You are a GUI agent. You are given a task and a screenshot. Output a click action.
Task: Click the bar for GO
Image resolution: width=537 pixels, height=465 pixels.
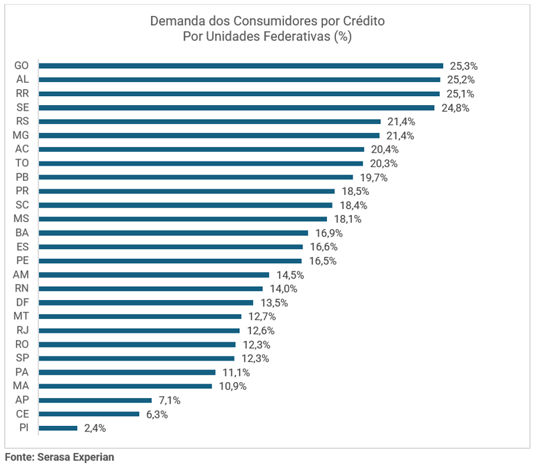[x=241, y=65]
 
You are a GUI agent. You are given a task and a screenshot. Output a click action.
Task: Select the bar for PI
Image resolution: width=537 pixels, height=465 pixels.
[x=58, y=428]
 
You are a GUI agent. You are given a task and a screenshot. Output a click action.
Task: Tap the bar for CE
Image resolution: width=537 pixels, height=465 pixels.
[x=89, y=414]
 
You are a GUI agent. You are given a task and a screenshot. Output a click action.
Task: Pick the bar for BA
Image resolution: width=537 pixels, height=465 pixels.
[x=173, y=232]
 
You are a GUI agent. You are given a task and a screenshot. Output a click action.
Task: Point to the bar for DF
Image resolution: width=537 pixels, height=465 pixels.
[x=146, y=303]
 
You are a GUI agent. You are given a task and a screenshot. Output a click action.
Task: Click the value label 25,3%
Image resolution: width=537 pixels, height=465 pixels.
[x=464, y=66]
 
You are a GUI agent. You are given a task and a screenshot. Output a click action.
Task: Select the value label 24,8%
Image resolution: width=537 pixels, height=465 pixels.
[x=455, y=108]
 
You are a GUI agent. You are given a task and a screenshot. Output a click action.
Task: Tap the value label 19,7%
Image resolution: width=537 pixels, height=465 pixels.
[x=374, y=178]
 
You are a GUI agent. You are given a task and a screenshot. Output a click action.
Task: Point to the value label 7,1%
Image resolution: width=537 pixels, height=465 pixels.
[x=170, y=400]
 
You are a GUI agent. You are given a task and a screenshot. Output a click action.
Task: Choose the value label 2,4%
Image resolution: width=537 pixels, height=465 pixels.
[x=95, y=428]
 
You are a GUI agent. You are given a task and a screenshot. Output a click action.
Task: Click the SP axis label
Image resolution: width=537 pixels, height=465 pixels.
[x=22, y=358]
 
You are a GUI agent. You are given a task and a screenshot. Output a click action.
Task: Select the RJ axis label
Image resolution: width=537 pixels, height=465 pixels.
[x=22, y=330]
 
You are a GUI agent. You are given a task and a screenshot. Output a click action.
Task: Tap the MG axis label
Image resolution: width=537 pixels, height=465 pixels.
[x=21, y=135]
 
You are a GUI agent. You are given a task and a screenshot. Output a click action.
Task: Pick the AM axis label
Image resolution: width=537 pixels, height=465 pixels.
[x=21, y=274]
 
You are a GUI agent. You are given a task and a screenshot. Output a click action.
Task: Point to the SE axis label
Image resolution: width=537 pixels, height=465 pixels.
[x=22, y=107]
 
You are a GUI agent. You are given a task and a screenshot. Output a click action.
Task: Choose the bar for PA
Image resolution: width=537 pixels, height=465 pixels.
[x=127, y=372]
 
